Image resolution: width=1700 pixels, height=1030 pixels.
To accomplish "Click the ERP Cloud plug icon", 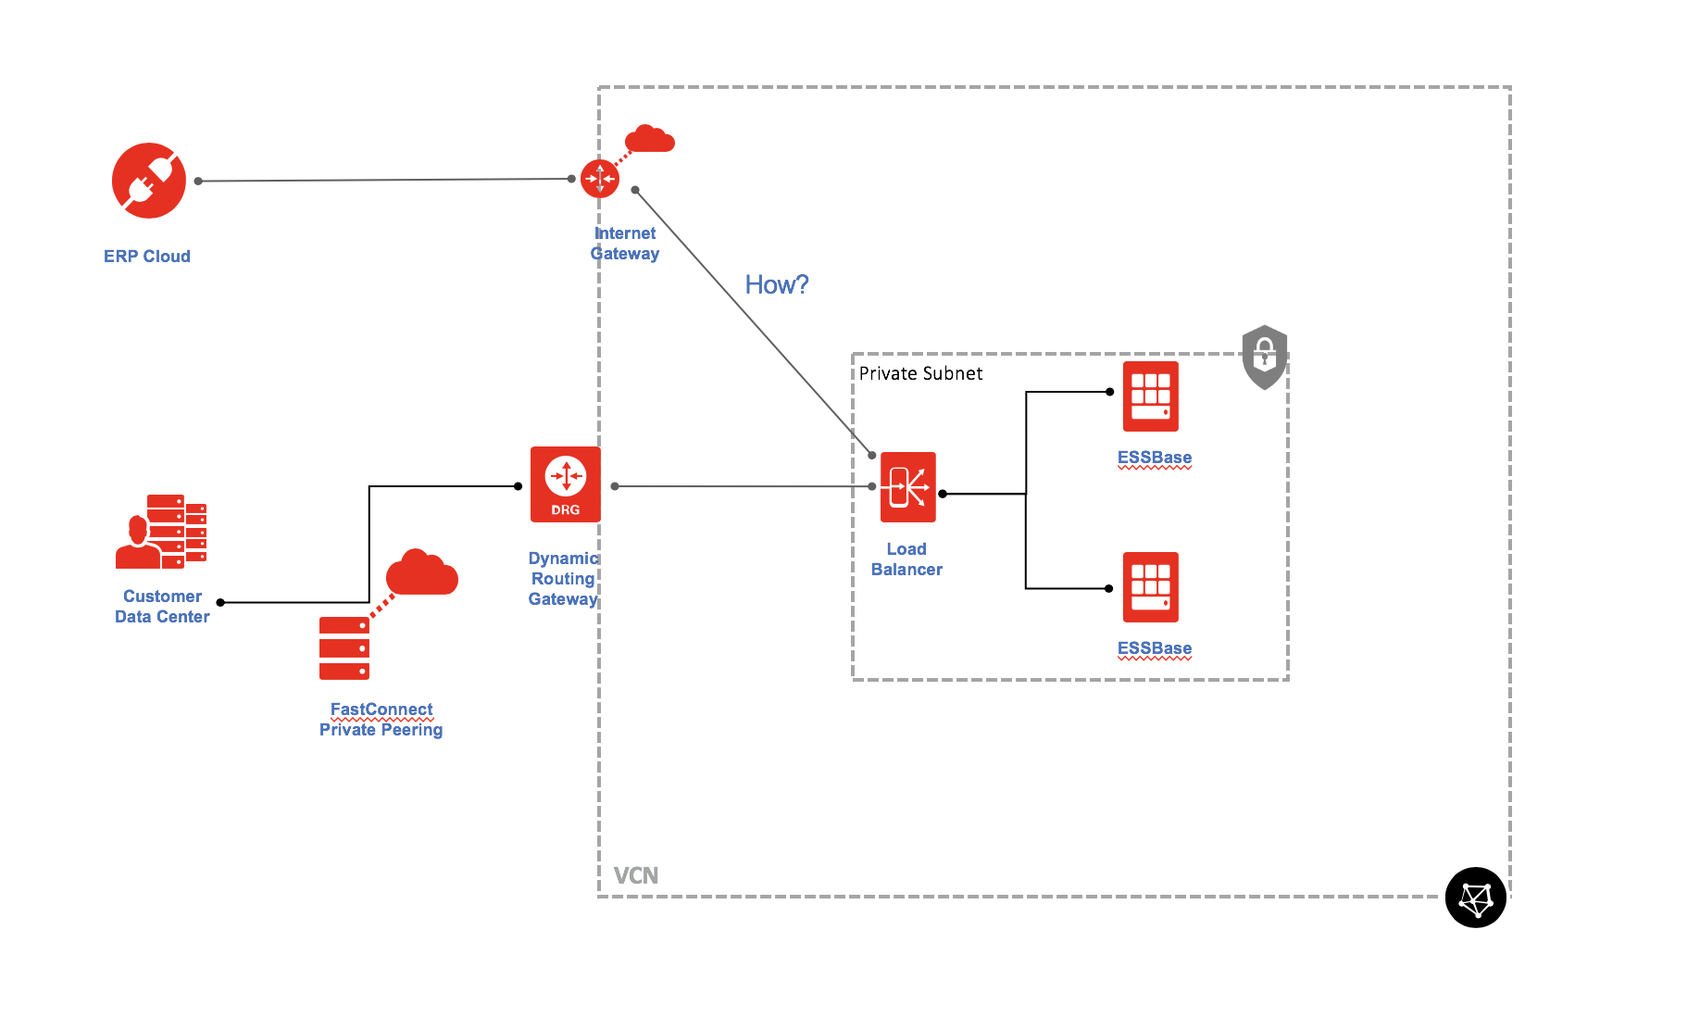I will [149, 181].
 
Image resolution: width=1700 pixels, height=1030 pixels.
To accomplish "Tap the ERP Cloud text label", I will [147, 257].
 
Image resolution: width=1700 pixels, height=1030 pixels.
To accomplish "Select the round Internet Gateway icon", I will [600, 179].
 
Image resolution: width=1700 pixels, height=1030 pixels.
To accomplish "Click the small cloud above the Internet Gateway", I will [650, 139].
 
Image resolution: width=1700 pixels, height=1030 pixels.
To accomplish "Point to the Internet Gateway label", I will [625, 244].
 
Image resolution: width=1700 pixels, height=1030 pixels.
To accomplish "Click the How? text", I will [776, 284].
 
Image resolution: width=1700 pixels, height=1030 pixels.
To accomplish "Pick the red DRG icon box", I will [566, 484].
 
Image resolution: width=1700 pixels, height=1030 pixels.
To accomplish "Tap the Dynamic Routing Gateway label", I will [563, 579].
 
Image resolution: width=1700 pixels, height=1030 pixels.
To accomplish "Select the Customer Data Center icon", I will [161, 531].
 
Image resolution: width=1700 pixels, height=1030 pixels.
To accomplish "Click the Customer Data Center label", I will [162, 607].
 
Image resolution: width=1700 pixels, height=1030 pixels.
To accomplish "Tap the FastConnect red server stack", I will [344, 648].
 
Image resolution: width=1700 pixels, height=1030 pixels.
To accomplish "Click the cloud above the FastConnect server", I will [421, 573].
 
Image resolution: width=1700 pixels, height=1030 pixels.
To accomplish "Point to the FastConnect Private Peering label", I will [381, 720].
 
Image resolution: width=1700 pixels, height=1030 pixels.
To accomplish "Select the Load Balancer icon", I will [908, 487].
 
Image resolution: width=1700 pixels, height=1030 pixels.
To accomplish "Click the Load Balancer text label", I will [906, 559].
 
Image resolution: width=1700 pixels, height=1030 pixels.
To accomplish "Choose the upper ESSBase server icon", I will [1151, 396].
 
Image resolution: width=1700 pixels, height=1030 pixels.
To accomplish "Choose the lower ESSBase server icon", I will [1151, 587].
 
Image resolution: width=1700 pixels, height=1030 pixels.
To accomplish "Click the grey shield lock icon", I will [1265, 357].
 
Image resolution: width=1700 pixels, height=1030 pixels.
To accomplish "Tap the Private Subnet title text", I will [920, 373].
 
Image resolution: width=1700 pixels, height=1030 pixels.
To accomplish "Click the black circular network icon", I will [1476, 898].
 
